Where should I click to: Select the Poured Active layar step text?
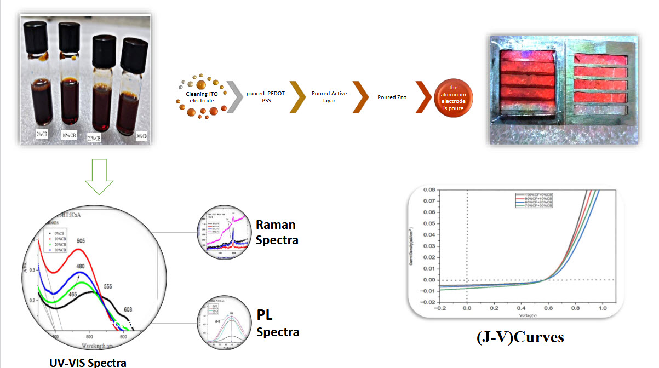[x=329, y=97]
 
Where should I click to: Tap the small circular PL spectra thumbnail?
[x=225, y=324]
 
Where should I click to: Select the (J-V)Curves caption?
[x=520, y=337]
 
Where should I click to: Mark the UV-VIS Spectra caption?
[x=88, y=363]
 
